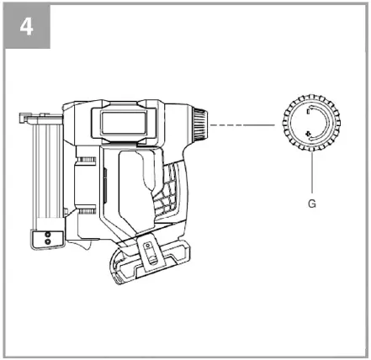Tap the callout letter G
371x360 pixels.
(x=313, y=202)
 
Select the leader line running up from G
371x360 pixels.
(x=312, y=172)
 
